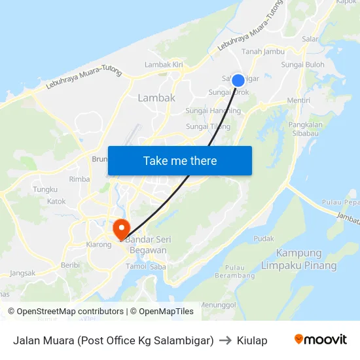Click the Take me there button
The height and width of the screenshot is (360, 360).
[180, 160]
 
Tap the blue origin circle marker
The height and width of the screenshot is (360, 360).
[238, 80]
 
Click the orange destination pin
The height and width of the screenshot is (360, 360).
[121, 229]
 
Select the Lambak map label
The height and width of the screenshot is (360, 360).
[156, 98]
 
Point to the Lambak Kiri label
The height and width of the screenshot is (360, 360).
[164, 65]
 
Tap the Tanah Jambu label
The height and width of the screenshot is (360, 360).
[263, 51]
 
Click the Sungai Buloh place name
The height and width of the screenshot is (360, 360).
[302, 65]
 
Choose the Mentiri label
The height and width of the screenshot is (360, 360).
[298, 100]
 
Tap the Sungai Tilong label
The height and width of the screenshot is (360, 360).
[208, 126]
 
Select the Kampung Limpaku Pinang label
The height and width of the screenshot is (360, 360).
[298, 259]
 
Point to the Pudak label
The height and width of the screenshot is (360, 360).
[264, 239]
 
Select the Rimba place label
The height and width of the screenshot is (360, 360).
[79, 179]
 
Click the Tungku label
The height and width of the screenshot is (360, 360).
[45, 189]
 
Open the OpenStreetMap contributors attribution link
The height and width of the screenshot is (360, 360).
[67, 312]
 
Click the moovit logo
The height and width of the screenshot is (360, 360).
[320, 340]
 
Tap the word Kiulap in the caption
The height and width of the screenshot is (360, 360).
[252, 340]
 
